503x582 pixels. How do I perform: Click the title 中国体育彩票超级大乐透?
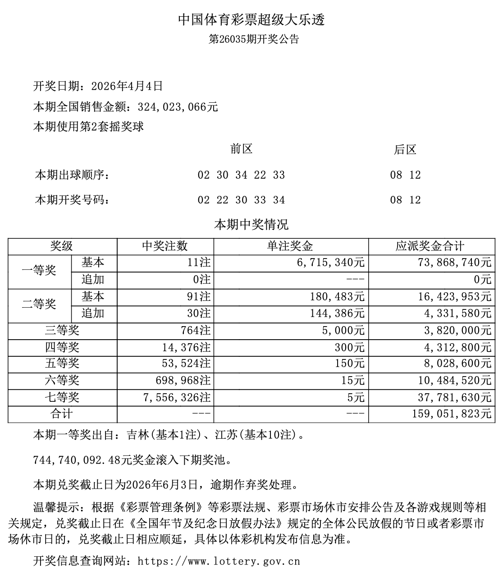click(251, 20)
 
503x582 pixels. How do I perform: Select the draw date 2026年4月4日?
click(126, 86)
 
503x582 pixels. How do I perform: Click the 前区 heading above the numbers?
click(241, 149)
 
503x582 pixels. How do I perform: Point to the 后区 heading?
click(405, 149)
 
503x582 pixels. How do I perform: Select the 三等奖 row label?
click(62, 331)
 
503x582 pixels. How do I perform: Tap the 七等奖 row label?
click(62, 397)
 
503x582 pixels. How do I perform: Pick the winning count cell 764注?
click(195, 331)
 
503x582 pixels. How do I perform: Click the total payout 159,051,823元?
click(451, 414)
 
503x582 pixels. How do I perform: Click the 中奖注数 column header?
click(165, 246)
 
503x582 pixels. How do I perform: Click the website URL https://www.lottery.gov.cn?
click(219, 561)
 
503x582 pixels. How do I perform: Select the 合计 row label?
click(62, 414)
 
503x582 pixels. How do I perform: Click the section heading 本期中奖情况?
click(251, 224)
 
